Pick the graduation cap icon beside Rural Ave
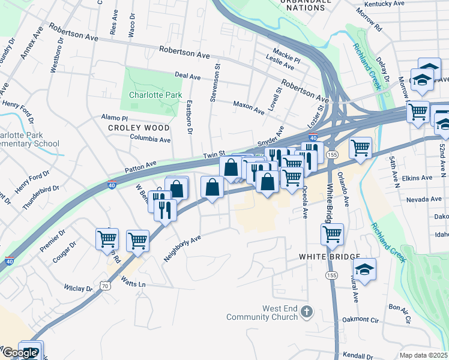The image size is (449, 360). [x=364, y=268]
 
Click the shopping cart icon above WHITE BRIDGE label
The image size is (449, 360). [x=332, y=234]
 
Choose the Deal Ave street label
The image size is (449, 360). [x=187, y=76]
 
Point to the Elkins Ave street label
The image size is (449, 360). [x=418, y=178]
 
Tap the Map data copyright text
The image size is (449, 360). [x=424, y=355]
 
